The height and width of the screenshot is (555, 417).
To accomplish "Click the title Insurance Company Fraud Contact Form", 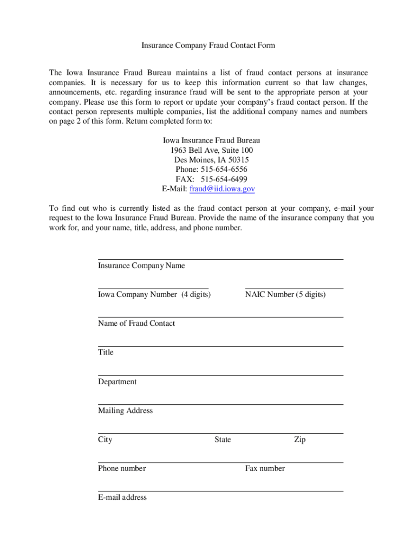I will pos(208,46).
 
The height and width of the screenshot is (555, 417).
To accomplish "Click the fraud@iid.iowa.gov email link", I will pos(222,189).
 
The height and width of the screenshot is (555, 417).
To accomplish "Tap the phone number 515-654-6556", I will pos(223,170).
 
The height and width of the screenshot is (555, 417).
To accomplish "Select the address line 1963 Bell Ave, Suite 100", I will pos(208,150).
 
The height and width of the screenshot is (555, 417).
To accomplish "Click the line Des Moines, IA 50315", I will pos(208,160).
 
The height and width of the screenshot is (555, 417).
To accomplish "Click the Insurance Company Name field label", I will pos(141,266).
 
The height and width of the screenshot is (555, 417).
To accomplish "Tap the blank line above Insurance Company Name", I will pos(220,259).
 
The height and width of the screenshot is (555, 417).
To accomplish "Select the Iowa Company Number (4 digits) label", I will pos(154,295).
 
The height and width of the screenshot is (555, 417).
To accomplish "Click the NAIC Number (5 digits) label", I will pos(285,295).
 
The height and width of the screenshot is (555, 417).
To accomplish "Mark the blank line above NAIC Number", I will pos(294,288).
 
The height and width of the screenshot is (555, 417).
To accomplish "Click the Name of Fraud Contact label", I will pos(136,324).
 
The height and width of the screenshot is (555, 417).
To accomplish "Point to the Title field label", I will pos(106,352).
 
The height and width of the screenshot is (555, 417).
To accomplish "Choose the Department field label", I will pos(117,382).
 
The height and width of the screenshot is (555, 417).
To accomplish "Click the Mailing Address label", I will pos(125,411).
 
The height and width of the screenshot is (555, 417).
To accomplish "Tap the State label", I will pos(223,440).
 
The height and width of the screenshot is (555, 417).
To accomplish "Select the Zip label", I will pos(299,440).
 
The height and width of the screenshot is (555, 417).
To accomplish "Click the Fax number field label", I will pos(265,469).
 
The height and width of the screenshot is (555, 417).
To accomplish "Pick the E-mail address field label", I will pos(122,498).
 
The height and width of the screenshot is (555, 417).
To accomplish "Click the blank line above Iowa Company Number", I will pos(153,288).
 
